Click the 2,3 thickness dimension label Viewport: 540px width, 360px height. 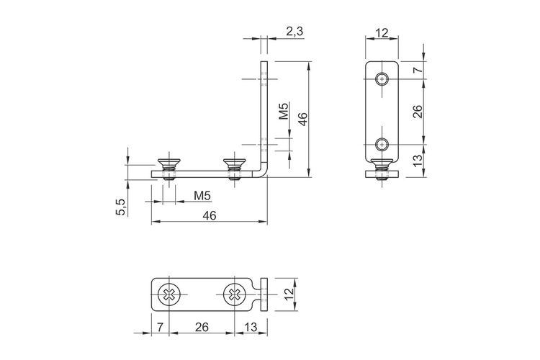294,32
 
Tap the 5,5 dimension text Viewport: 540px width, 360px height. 121,207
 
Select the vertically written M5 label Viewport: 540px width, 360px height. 284,111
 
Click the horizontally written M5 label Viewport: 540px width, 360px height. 202,196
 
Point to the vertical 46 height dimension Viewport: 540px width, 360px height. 302,119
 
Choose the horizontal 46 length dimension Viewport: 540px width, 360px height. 210,216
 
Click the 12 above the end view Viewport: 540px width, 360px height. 382,33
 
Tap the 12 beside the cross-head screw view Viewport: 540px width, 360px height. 289,293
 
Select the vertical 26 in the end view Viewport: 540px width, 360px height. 417,112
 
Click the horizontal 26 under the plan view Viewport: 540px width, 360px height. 202,327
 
